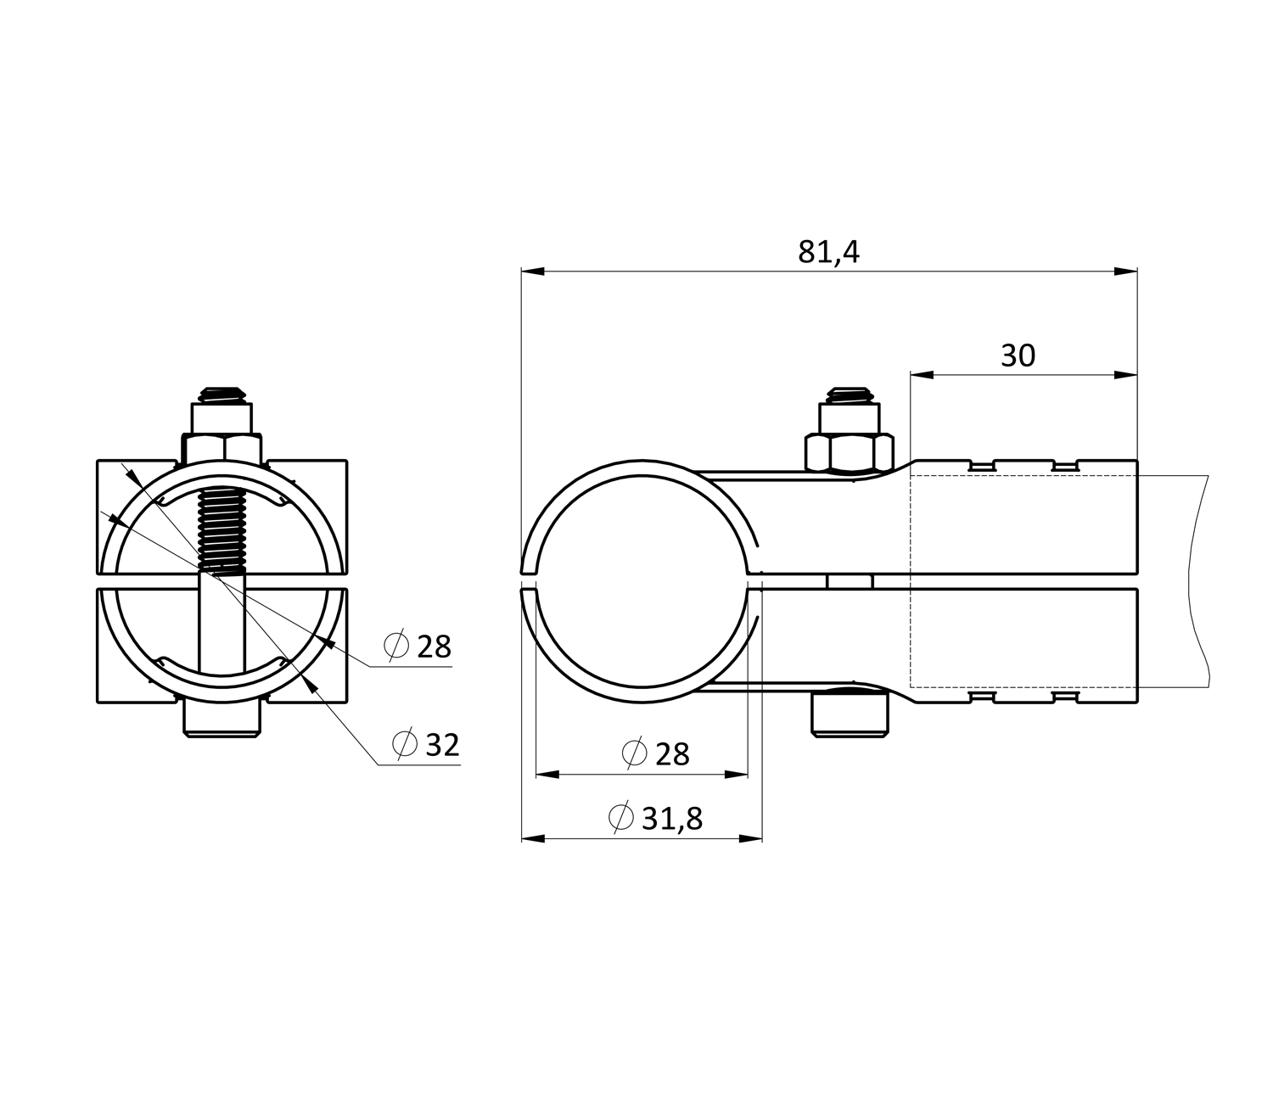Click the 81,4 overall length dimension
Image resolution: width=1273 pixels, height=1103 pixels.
point(828,252)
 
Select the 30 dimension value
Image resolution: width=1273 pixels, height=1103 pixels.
point(1018,356)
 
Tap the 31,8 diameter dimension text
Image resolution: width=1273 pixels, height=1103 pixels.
point(672,819)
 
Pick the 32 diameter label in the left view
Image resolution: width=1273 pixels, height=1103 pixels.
point(442,745)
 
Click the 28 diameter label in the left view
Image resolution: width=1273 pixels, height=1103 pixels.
point(435,647)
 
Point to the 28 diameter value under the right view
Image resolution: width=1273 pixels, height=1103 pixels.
point(672,754)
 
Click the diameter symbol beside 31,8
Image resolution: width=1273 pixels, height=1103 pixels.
point(620,817)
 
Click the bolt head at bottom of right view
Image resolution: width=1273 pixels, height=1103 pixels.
point(850,715)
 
